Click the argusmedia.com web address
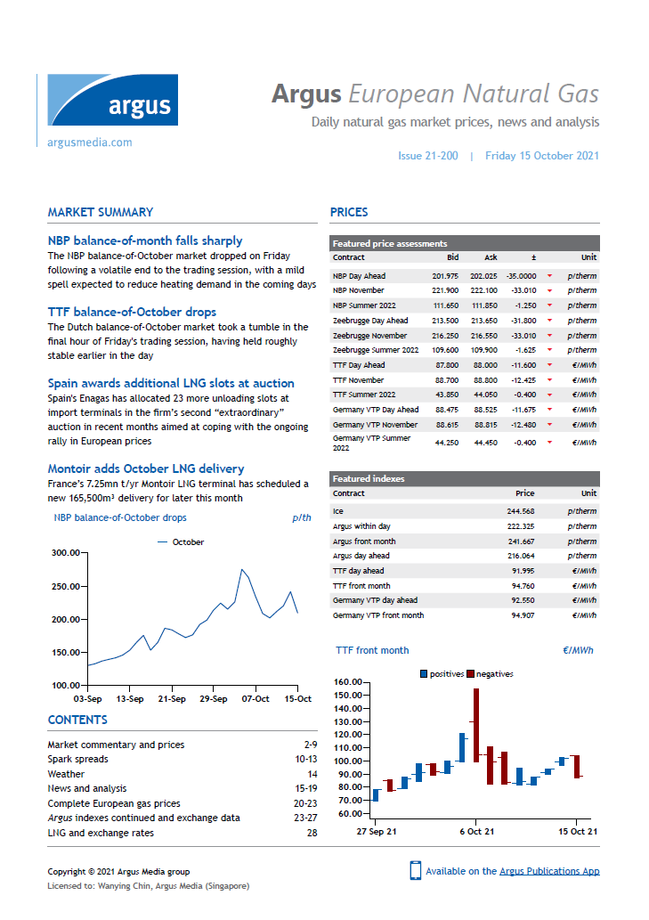89,142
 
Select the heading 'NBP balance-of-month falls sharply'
144,240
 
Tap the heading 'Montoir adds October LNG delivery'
145,468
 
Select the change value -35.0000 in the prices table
521,276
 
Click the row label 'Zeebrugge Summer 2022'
375,350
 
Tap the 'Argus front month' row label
364,541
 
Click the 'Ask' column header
491,257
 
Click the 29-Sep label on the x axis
214,699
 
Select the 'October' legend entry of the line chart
188,541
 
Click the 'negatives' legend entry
494,674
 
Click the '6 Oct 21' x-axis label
476,831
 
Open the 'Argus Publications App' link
549,871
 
